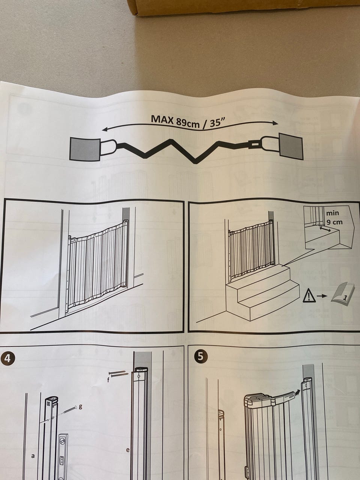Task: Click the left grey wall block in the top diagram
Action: click(x=85, y=149)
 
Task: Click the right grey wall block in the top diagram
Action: click(x=291, y=147)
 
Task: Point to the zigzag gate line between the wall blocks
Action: click(x=184, y=151)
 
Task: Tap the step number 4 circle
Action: click(x=7, y=358)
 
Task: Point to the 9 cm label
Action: click(x=334, y=222)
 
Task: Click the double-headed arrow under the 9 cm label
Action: click(x=325, y=229)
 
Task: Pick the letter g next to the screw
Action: click(x=80, y=407)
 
